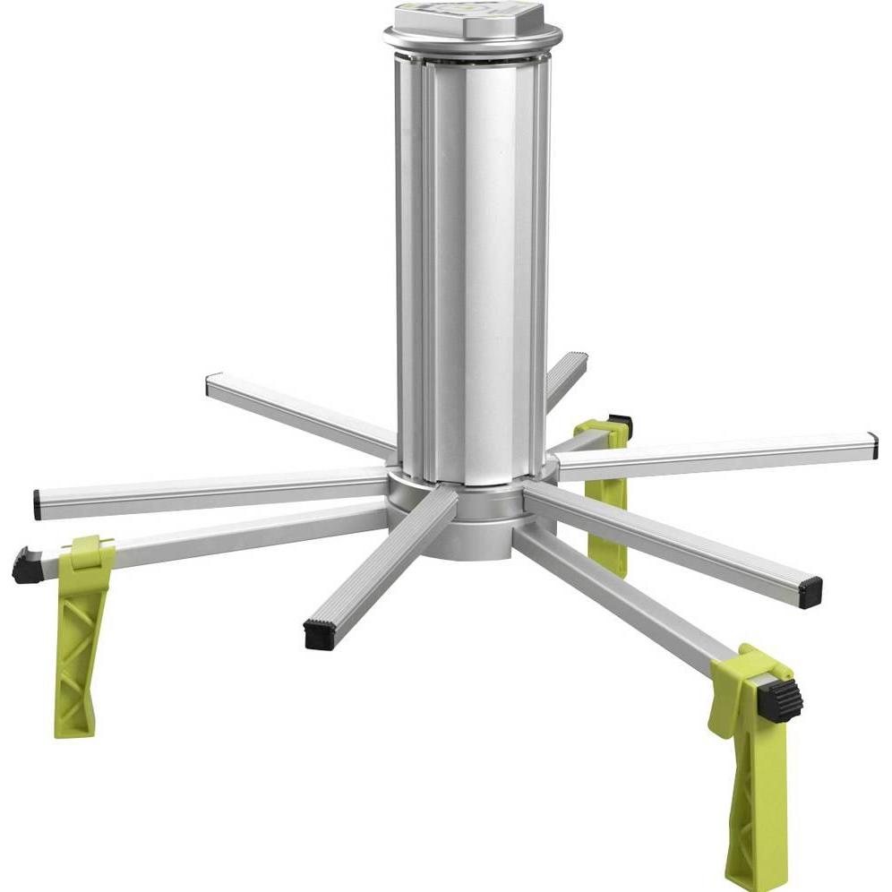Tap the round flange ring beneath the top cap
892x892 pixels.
coord(473,40)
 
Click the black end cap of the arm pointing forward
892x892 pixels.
coord(320,633)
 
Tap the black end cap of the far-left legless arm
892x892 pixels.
coord(38,503)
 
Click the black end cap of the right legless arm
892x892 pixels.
coord(810,591)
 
